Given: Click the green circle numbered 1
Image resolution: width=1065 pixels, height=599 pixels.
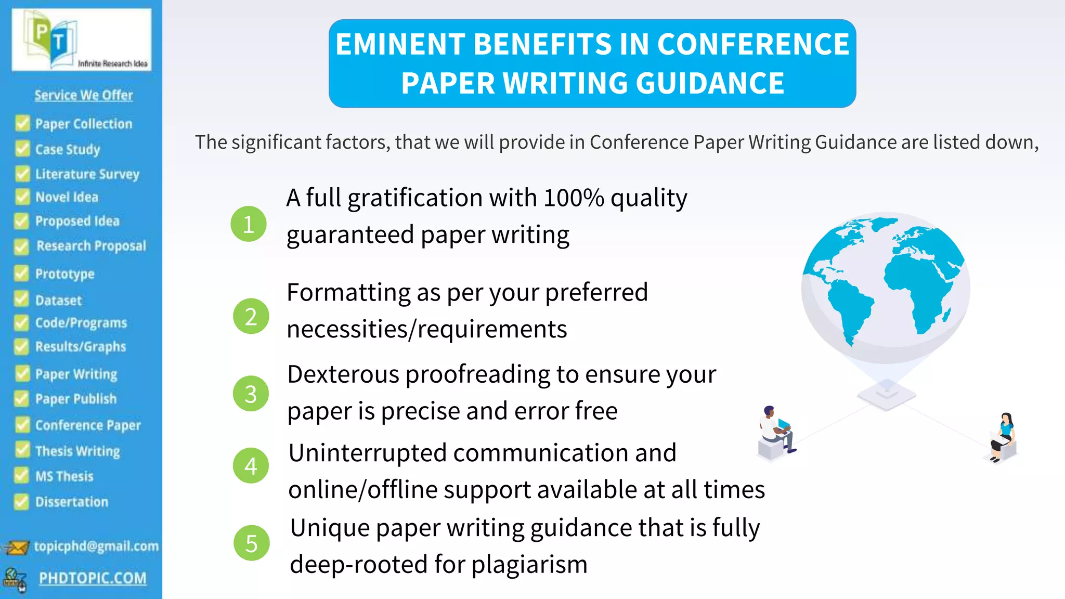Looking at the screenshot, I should click(249, 224).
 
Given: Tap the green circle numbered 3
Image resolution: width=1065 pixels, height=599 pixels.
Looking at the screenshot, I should click(251, 394).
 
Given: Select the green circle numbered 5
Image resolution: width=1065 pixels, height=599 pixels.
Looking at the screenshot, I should click(252, 543).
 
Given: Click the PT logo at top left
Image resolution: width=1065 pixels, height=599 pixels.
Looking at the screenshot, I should click(81, 40).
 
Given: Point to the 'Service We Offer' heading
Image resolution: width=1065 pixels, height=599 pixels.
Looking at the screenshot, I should click(84, 95).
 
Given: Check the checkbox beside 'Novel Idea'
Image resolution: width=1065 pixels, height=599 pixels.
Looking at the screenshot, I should click(22, 197).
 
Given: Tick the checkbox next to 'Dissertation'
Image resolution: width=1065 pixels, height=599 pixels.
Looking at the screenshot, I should click(22, 501).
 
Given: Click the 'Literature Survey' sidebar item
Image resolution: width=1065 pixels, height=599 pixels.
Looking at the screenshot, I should click(87, 174).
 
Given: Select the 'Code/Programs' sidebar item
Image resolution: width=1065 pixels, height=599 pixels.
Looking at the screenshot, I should click(81, 323).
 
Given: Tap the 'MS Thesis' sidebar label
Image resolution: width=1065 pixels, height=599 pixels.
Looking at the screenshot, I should click(64, 476).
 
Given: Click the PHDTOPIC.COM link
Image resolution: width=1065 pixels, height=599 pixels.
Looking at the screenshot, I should click(93, 578).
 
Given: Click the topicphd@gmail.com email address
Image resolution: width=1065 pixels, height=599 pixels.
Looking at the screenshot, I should click(96, 546).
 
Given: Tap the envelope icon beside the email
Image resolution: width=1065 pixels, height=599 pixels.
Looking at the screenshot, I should click(17, 548).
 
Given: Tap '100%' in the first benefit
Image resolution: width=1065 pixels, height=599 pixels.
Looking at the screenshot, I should click(574, 198).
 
